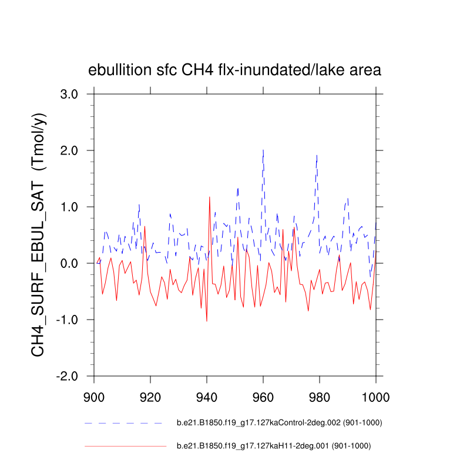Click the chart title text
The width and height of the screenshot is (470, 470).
235,70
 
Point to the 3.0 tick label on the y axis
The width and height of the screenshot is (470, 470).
75,94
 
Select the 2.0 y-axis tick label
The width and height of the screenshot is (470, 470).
75,150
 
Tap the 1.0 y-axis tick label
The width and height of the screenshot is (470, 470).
75,207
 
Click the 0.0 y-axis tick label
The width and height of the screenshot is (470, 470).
75,263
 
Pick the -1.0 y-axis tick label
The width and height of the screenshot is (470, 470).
72,320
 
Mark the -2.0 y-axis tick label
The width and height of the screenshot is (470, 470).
72,376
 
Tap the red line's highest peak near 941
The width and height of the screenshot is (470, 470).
209,197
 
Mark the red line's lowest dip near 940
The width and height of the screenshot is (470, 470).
207,321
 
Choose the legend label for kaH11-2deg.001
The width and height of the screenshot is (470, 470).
274,446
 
